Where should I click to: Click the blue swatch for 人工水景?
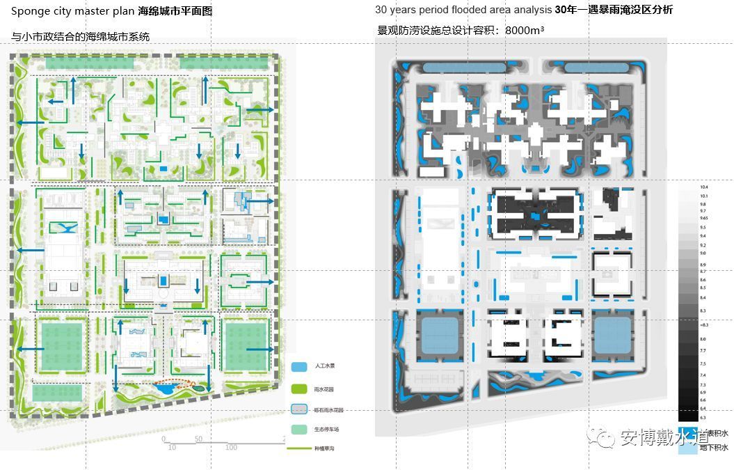pos(300,366)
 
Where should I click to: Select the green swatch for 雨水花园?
pos(300,389)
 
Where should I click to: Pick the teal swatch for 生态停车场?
pos(300,430)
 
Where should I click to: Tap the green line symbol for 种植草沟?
pos(300,449)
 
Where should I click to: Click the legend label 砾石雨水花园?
pos(329,411)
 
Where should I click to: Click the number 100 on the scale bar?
pos(231,447)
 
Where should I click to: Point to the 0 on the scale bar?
pos(164,439)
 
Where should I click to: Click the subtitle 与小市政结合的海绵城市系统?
pos(81,36)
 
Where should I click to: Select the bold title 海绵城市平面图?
pos(175,11)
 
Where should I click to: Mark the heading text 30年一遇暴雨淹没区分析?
pos(614,10)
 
